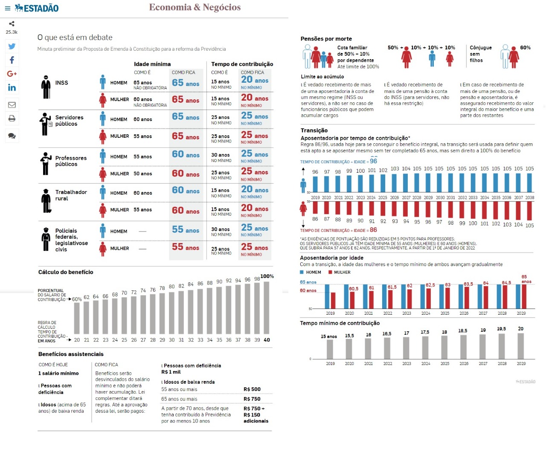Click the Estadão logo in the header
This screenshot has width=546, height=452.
point(37,8)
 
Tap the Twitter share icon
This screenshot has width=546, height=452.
point(12,46)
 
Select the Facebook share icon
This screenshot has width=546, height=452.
point(12,60)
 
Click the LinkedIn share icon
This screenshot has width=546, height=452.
point(12,87)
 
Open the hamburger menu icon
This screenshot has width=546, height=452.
point(7,8)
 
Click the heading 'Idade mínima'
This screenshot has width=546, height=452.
point(152,64)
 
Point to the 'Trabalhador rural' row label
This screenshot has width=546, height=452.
point(71,195)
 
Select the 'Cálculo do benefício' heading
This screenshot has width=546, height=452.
point(66,272)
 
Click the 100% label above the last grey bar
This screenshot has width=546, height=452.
point(267,276)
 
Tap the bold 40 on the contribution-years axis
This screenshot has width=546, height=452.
point(267,340)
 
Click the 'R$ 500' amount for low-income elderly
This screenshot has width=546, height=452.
point(252,389)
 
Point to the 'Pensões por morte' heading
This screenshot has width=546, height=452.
point(326,39)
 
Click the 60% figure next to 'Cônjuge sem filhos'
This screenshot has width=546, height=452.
point(525,48)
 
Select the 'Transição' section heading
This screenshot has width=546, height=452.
point(314,130)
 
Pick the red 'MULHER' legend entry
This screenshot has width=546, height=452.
point(340,272)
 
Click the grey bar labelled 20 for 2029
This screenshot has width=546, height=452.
point(521,346)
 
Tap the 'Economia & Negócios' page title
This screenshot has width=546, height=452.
point(195,7)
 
